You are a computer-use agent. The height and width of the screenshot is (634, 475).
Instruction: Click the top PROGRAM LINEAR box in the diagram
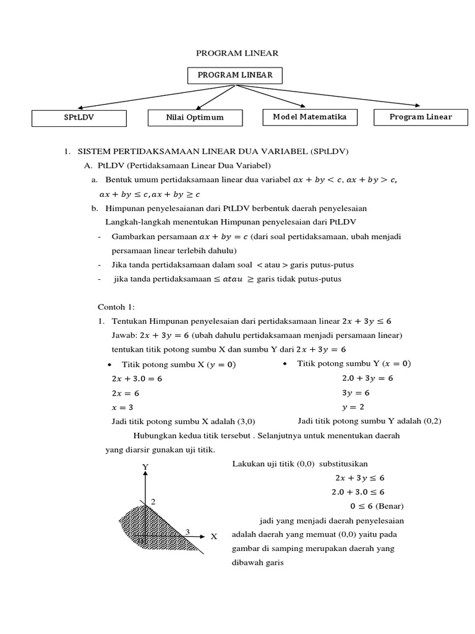point(235,76)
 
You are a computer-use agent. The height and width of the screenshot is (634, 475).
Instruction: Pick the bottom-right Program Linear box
point(421,116)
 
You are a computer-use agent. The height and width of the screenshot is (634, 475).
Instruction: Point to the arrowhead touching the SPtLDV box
point(81,108)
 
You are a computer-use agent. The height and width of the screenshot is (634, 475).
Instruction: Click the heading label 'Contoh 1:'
point(116,307)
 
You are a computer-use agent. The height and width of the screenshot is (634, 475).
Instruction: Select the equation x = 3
point(122,407)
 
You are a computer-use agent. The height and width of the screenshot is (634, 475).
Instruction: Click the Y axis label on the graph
point(145,466)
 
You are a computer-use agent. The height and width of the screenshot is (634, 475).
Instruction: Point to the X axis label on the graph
point(214,537)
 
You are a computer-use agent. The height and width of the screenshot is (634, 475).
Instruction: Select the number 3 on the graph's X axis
point(187,531)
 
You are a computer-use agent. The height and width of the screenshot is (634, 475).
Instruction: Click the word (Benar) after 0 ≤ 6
point(389,506)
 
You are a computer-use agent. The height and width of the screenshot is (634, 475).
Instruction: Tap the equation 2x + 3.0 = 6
point(136,378)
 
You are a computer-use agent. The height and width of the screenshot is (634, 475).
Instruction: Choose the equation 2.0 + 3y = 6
point(367,378)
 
